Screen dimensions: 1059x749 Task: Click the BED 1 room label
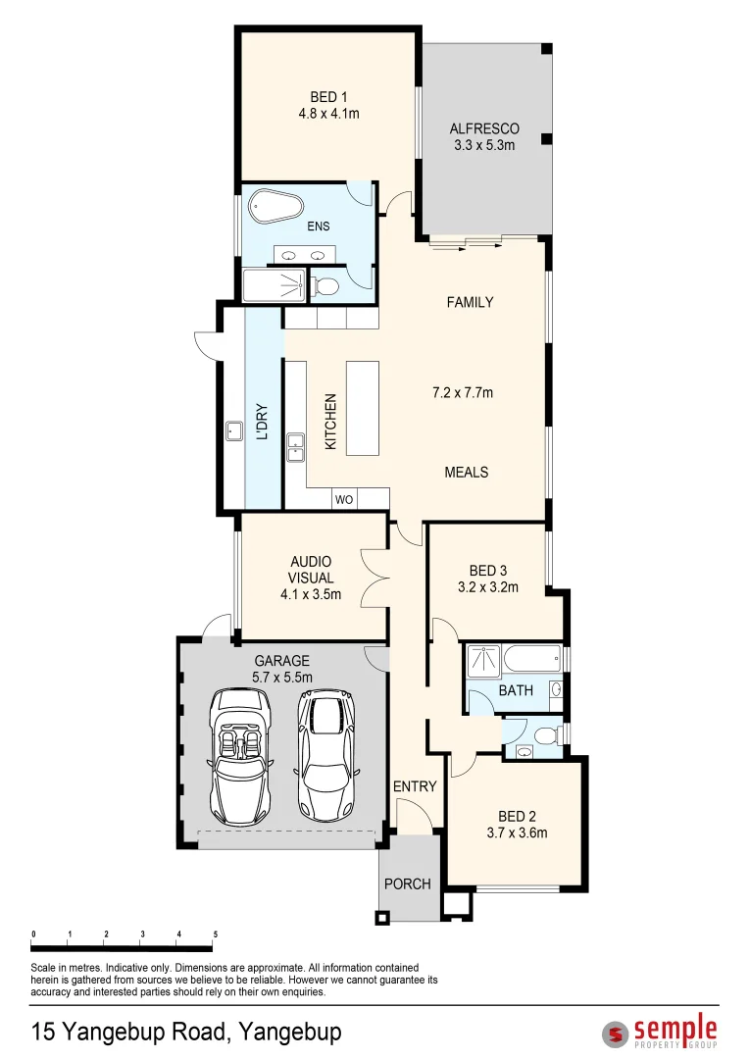(x=329, y=97)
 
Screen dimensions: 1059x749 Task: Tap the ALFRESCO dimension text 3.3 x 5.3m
(x=484, y=145)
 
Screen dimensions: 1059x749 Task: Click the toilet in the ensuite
(x=325, y=286)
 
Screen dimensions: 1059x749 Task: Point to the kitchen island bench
(x=363, y=408)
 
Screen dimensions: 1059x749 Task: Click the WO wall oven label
(x=344, y=499)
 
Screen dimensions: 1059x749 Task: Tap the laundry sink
(x=234, y=429)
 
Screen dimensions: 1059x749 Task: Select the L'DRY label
(x=262, y=423)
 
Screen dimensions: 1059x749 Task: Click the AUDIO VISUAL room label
(x=311, y=570)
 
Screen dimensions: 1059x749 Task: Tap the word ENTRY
(x=415, y=786)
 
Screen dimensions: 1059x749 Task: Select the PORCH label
(x=408, y=883)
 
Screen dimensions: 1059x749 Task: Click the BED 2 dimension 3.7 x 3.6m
(x=517, y=833)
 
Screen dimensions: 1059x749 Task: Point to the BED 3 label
(x=488, y=571)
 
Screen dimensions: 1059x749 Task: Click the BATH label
(x=516, y=690)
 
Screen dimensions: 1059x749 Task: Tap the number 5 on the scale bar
(x=214, y=933)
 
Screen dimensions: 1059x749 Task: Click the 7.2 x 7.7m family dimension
(x=463, y=393)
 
